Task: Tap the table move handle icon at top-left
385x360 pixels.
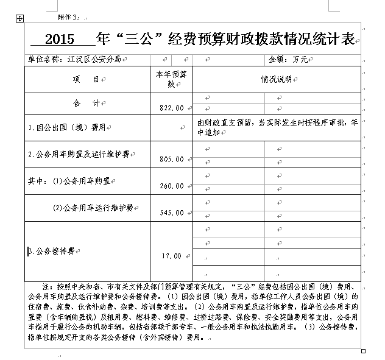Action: click(19, 19)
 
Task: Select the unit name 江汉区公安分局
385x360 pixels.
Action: click(93, 60)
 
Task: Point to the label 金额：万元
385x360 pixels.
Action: click(288, 60)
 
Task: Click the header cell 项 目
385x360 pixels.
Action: click(88, 80)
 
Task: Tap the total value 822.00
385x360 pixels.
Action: click(171, 108)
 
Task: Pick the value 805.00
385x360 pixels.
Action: click(171, 159)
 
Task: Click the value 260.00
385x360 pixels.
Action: click(171, 186)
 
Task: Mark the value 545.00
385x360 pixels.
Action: click(171, 213)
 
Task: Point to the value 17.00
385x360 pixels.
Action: click(171, 256)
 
